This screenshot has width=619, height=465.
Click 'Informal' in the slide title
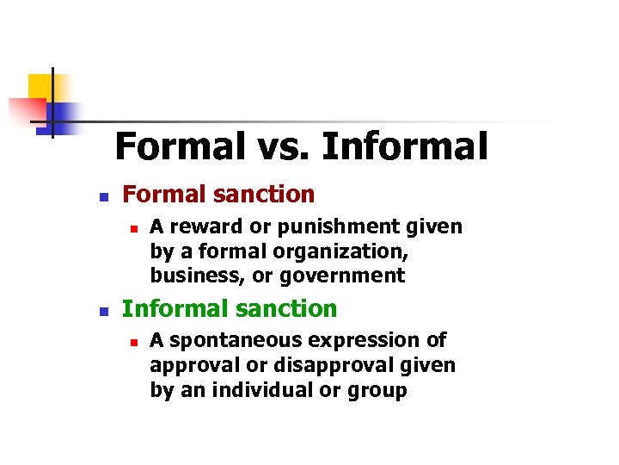click(404, 146)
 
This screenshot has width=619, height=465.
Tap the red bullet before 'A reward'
click(132, 228)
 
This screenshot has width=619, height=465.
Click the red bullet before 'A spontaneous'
click(132, 341)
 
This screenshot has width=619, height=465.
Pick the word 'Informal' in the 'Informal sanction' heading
click(175, 308)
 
